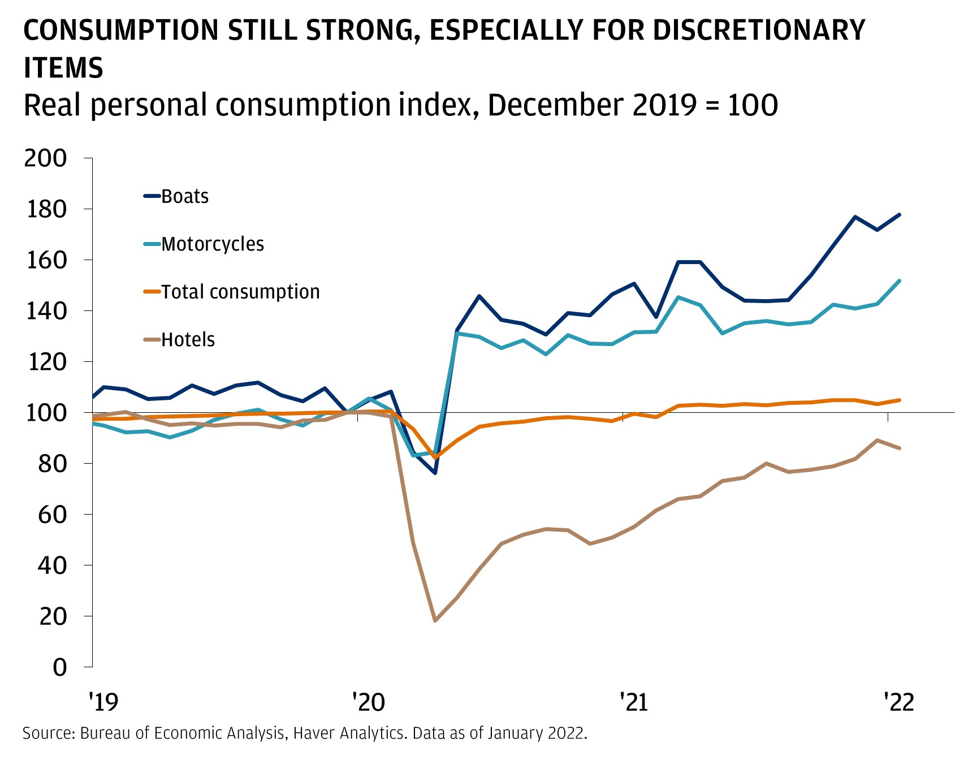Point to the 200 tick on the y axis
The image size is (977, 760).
45,158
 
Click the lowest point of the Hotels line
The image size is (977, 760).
435,621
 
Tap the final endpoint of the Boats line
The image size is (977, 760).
900,215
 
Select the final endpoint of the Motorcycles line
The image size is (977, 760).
900,280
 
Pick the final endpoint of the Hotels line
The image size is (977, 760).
900,448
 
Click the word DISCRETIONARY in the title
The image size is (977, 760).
759,31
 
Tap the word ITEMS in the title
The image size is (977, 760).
63,68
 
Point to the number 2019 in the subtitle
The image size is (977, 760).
664,106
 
